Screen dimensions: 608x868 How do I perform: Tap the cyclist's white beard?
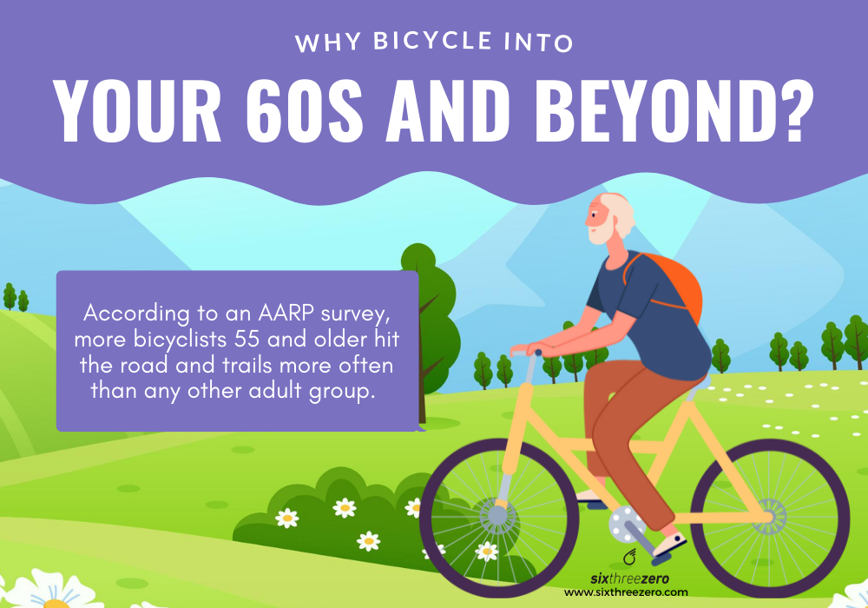pyautogui.click(x=599, y=233)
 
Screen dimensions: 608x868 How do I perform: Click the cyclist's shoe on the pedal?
pyautogui.click(x=667, y=544)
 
